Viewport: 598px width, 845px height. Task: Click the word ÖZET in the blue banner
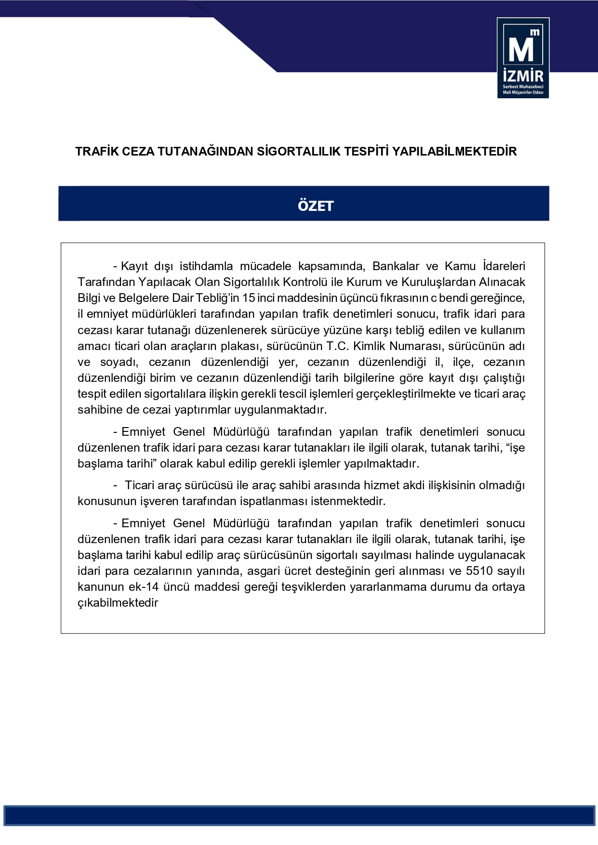click(316, 206)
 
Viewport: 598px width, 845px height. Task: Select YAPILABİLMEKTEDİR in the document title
click(454, 152)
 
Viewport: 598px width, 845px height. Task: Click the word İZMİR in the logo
click(523, 76)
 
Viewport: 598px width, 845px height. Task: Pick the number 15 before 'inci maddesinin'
click(249, 298)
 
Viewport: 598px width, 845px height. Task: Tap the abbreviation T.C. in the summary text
click(337, 346)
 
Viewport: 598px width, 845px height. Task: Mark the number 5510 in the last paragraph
click(479, 571)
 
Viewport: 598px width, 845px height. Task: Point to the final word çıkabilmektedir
click(118, 603)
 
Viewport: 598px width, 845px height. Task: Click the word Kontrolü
click(306, 282)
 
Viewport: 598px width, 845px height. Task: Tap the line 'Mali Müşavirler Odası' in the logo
click(523, 92)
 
